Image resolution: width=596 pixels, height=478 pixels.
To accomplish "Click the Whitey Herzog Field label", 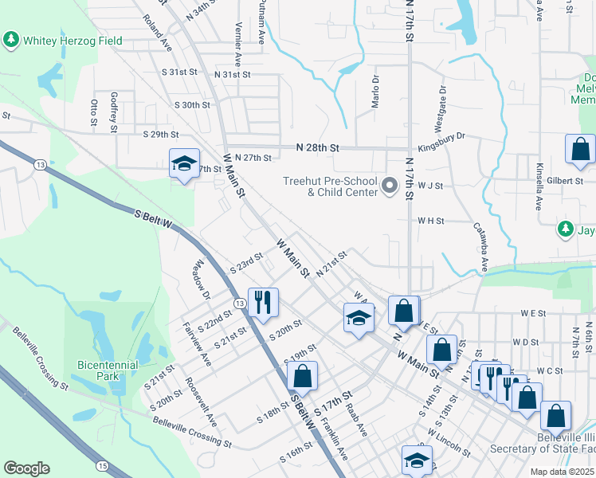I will click(x=73, y=40).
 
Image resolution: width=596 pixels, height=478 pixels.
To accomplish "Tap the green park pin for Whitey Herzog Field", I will click(x=11, y=39).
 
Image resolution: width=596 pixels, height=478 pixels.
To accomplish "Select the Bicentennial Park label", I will click(x=108, y=370).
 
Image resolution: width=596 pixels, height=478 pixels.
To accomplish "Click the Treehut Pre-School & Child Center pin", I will click(x=390, y=186).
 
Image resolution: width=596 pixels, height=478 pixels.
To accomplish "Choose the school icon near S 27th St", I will click(x=184, y=164).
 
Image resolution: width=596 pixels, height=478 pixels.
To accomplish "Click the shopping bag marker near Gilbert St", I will click(x=580, y=148).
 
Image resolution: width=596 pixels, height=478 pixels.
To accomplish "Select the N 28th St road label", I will click(x=318, y=148).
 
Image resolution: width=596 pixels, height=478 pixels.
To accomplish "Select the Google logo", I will click(x=26, y=468).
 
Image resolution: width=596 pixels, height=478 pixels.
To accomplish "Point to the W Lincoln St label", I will click(x=448, y=443).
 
